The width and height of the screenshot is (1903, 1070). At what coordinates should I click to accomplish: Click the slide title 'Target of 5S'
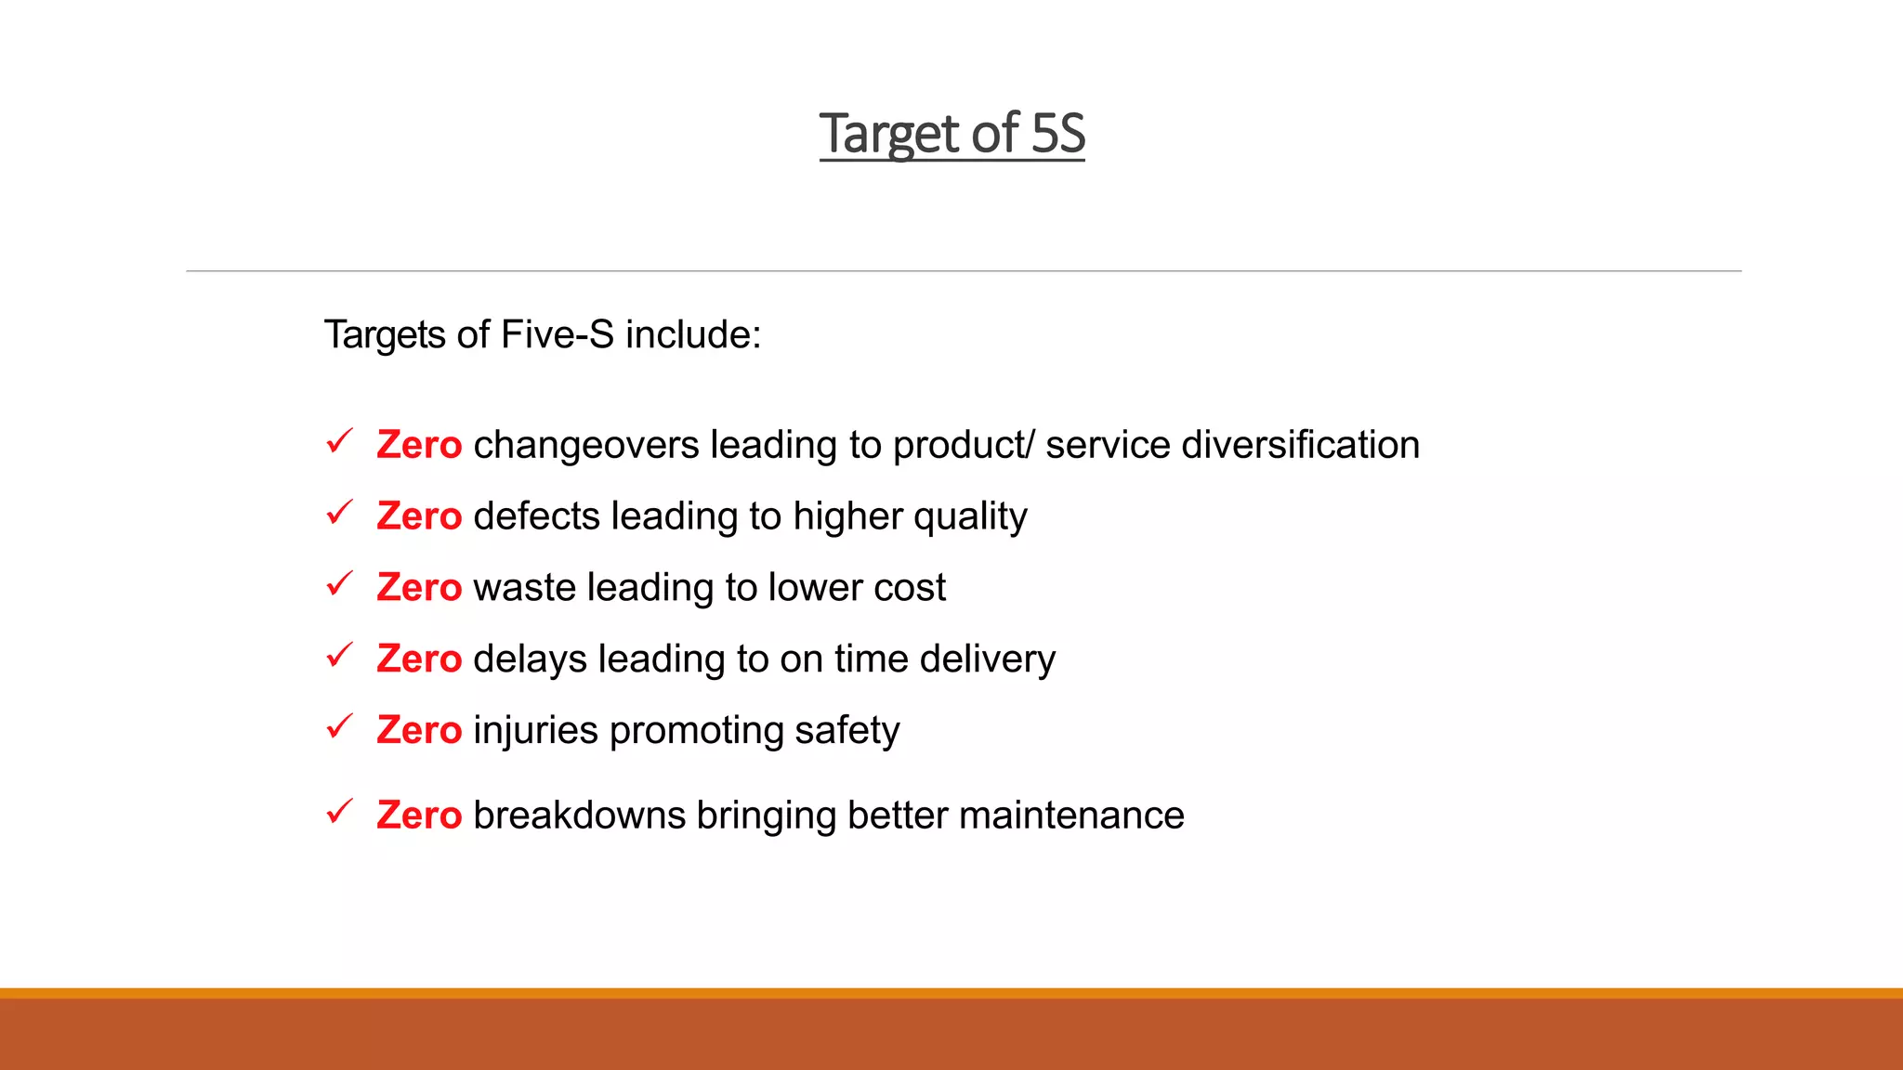[x=951, y=134]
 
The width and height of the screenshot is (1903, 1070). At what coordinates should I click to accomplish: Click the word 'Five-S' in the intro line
[x=558, y=334]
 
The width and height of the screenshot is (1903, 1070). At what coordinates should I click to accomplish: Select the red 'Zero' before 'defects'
[x=419, y=516]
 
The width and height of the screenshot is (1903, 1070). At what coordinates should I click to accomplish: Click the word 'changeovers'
[x=585, y=445]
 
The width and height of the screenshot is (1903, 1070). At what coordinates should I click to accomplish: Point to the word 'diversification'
[x=1300, y=445]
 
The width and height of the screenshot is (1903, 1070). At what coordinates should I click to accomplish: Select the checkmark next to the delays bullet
[x=339, y=655]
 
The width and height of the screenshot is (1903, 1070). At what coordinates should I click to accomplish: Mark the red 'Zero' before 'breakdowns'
[x=419, y=816]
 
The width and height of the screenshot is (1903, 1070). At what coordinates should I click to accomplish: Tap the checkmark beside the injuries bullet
[x=339, y=726]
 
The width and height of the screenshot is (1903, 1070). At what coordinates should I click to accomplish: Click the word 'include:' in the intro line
[x=693, y=334]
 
